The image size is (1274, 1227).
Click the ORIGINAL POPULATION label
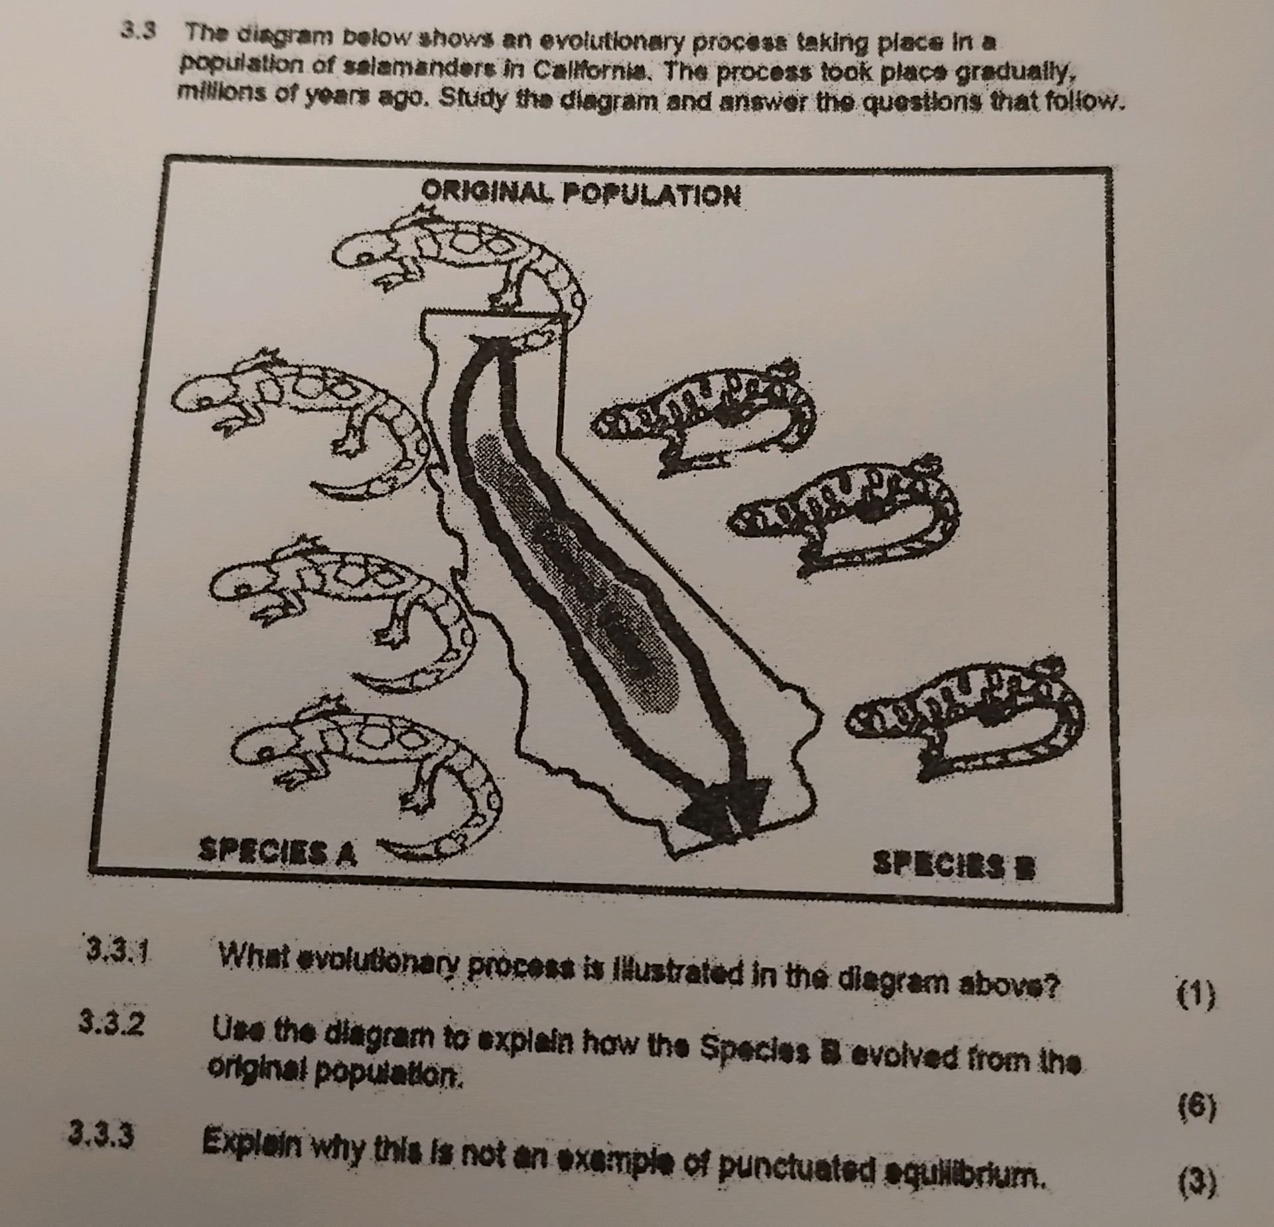[581, 194]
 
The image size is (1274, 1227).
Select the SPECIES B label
[953, 865]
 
